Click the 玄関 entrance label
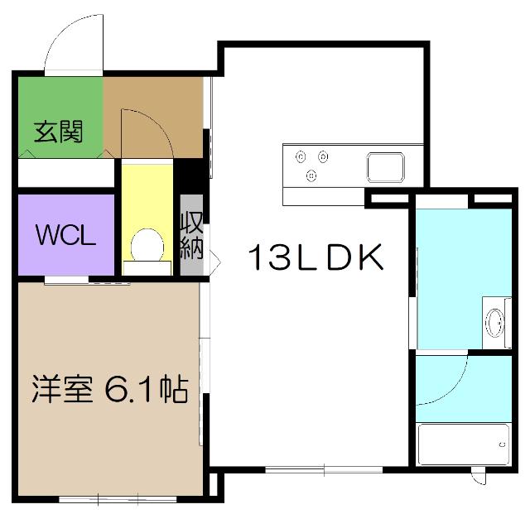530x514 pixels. pyautogui.click(x=58, y=132)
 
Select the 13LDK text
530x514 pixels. pyautogui.click(x=315, y=260)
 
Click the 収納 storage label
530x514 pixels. pyautogui.click(x=191, y=235)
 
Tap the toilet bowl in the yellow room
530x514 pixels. pyautogui.click(x=147, y=244)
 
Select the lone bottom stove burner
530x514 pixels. pyautogui.click(x=312, y=175)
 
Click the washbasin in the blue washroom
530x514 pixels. pyautogui.click(x=495, y=320)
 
